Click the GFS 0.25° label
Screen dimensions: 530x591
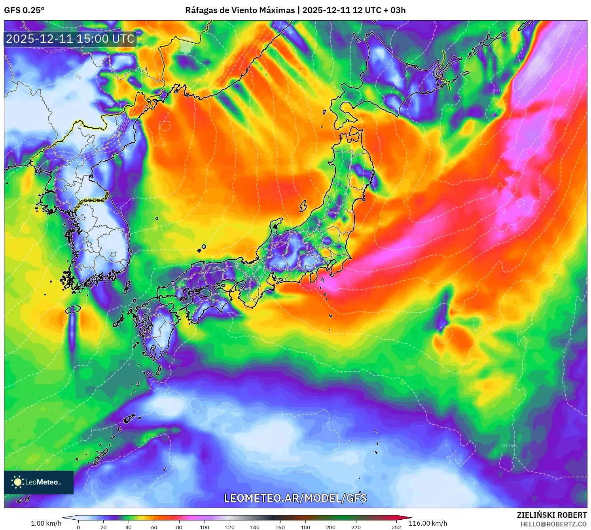[24, 10]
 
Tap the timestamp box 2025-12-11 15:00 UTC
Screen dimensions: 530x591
[70, 39]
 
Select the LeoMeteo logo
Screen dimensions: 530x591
[39, 482]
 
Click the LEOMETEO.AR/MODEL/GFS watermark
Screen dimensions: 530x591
[295, 498]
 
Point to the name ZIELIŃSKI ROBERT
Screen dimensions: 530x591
[551, 515]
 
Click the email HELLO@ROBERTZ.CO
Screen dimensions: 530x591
[553, 524]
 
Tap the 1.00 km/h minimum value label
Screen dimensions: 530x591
[46, 523]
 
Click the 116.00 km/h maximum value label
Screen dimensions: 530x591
[428, 523]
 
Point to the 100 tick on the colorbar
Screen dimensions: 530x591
[205, 527]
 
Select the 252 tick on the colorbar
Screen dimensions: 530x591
[396, 527]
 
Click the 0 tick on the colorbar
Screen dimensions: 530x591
[78, 527]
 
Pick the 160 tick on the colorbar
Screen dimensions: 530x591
[280, 527]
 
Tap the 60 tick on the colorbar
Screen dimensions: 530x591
[154, 527]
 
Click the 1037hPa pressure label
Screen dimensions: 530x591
[57, 51]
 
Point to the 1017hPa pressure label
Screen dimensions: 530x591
[509, 446]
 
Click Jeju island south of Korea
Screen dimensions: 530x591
[73, 309]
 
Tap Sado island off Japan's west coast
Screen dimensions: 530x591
[303, 206]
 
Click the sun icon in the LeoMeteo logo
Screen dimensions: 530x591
[17, 482]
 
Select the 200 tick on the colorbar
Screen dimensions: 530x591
[331, 527]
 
